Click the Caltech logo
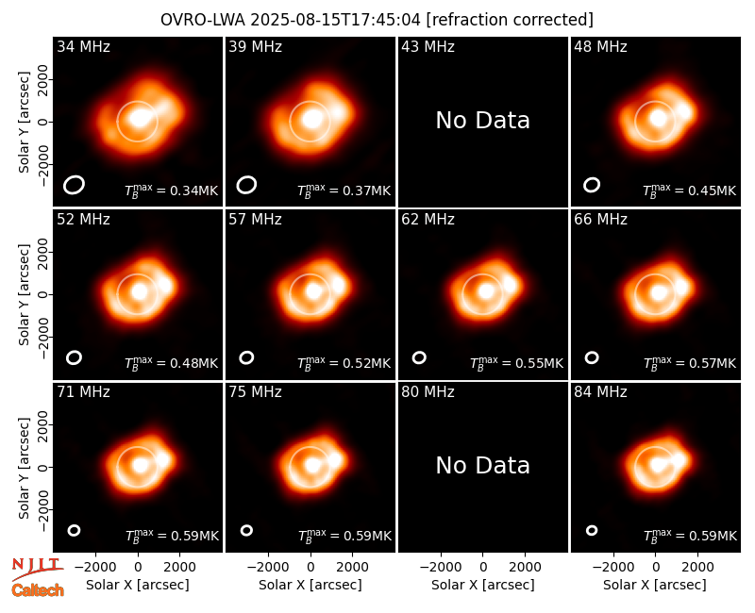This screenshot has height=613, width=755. [38, 590]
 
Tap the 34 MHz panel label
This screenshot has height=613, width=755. [83, 46]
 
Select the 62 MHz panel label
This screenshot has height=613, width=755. [428, 220]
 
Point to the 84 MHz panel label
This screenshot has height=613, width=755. [600, 392]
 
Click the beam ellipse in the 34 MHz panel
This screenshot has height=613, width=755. [75, 185]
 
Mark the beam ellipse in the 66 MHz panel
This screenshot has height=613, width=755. [592, 357]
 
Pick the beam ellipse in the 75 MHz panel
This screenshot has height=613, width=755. [246, 530]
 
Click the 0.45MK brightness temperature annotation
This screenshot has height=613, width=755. [690, 191]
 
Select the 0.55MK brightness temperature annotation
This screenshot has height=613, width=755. [516, 363]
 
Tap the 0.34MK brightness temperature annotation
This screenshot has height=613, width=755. [172, 191]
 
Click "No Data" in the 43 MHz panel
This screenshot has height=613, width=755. [483, 121]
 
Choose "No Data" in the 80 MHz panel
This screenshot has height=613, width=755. [483, 465]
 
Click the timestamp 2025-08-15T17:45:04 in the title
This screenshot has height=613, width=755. [335, 20]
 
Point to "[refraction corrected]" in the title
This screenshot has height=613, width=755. [510, 20]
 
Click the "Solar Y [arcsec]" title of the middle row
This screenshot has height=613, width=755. [24, 294]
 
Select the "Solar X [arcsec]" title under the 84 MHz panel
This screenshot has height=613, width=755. [655, 585]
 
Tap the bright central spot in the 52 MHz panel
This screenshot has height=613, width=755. [139, 291]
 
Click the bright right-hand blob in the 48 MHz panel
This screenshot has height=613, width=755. [685, 112]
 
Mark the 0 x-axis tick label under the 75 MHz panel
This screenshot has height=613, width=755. [310, 568]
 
